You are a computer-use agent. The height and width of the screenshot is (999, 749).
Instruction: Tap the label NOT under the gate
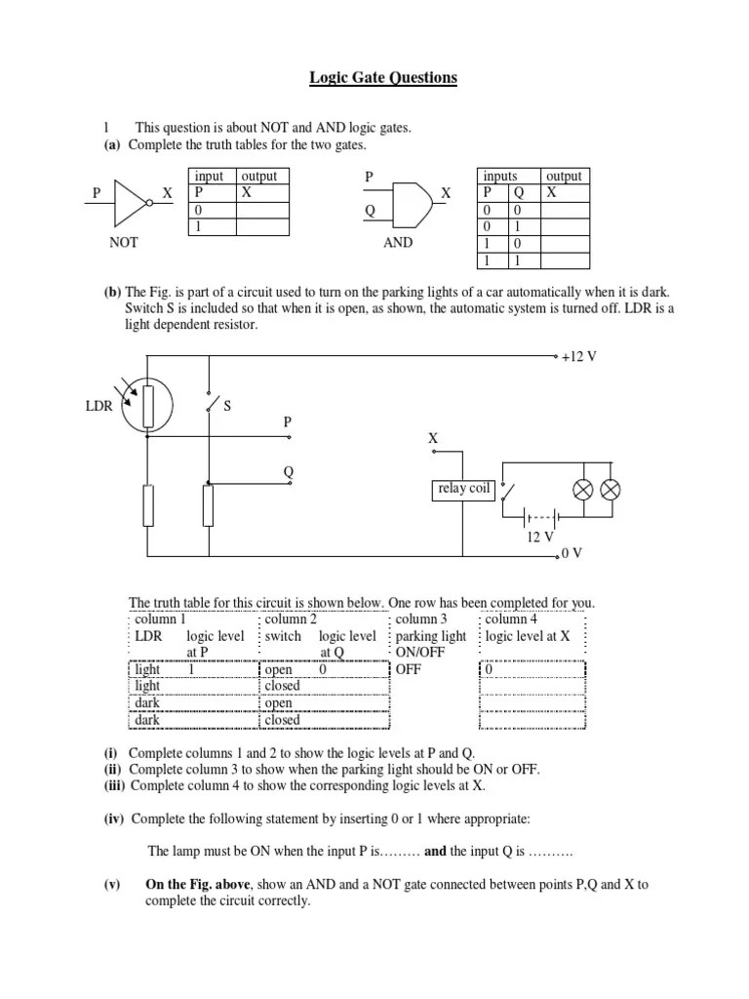pyautogui.click(x=124, y=243)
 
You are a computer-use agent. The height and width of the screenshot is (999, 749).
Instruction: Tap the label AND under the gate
pyautogui.click(x=398, y=243)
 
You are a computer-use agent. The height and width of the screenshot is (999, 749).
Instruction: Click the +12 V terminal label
pyautogui.click(x=578, y=357)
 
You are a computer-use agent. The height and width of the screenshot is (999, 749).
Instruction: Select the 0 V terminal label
pyautogui.click(x=572, y=553)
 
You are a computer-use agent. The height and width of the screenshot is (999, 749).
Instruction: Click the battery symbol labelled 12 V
pyautogui.click(x=539, y=517)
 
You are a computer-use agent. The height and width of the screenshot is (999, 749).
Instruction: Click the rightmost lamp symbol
pyautogui.click(x=610, y=489)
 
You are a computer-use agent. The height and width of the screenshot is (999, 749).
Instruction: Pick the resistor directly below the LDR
pyautogui.click(x=148, y=506)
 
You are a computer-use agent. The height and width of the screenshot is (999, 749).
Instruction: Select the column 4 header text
pyautogui.click(x=506, y=619)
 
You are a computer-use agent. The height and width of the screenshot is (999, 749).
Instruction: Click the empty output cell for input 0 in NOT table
pyautogui.click(x=264, y=210)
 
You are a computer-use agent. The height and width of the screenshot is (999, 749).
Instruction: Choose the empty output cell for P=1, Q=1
pyautogui.click(x=566, y=260)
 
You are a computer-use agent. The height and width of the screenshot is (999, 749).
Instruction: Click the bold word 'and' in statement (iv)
pyautogui.click(x=435, y=851)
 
